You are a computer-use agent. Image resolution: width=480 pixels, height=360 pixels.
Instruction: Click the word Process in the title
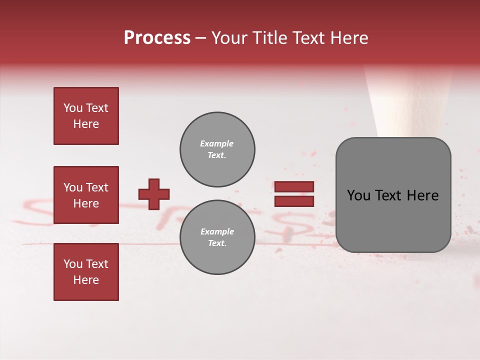[157, 38]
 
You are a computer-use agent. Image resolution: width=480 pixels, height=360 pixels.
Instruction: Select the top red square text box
[86, 116]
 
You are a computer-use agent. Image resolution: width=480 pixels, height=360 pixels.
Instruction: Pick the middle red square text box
[86, 195]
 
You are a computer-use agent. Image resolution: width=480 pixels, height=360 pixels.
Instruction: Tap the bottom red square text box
[86, 272]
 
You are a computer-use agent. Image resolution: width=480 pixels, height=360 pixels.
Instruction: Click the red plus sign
[154, 194]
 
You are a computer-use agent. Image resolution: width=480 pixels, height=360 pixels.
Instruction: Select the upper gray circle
[217, 149]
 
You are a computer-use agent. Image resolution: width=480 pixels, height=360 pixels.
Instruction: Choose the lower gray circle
[217, 237]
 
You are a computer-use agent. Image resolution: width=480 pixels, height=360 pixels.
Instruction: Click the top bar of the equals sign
[294, 186]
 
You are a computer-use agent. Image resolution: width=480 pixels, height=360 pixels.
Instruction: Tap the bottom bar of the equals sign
[294, 201]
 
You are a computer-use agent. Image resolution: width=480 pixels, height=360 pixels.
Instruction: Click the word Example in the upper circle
[217, 143]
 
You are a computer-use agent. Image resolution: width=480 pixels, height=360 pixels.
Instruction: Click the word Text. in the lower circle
[217, 243]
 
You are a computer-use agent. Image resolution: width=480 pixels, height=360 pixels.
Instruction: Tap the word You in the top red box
[73, 108]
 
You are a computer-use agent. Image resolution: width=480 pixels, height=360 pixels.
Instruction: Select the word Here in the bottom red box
[86, 280]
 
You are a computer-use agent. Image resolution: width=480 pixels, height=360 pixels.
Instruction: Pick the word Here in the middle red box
[86, 203]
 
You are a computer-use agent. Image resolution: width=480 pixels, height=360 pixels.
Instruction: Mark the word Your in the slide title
[230, 38]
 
